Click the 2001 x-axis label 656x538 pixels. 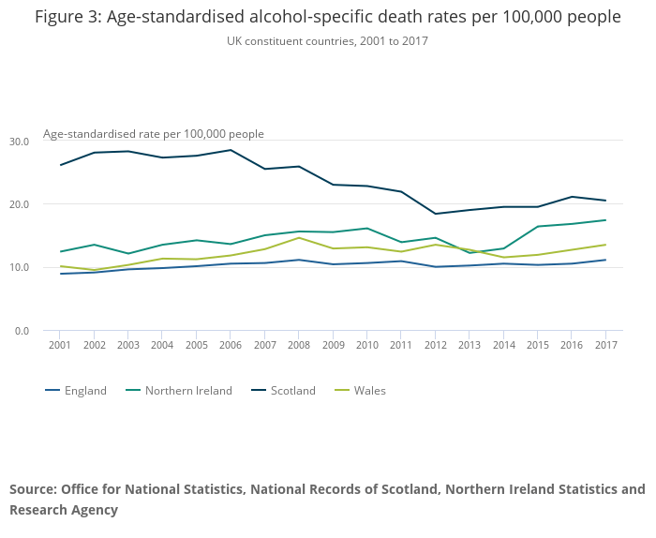(60, 346)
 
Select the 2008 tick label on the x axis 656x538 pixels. (299, 346)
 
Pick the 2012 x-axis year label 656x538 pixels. (435, 346)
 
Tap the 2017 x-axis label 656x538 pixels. (606, 346)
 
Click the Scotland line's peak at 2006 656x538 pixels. (231, 150)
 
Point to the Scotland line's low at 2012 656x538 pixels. (435, 214)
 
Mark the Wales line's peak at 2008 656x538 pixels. (299, 237)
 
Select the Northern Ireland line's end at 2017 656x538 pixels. (606, 220)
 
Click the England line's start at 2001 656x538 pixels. (60, 274)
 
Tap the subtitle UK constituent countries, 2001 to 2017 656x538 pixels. (327, 41)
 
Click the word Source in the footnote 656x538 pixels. (33, 489)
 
